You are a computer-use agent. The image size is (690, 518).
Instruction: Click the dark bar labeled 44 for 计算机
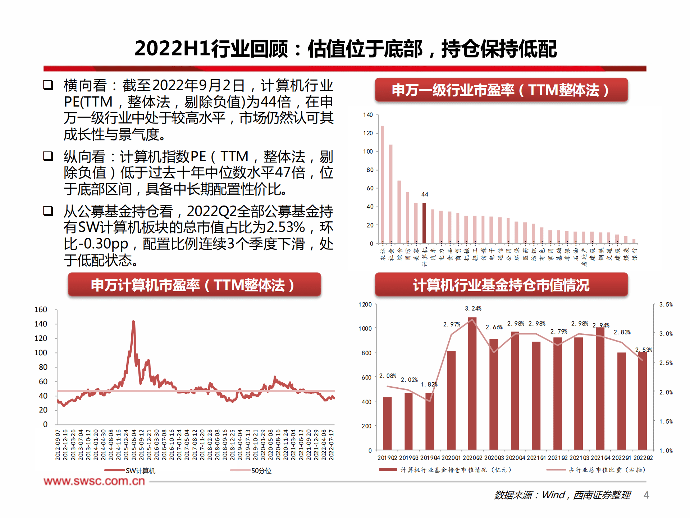click(x=424, y=223)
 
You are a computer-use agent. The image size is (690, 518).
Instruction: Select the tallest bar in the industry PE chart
click(x=382, y=184)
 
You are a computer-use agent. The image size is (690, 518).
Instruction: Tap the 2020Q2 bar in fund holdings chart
click(x=472, y=383)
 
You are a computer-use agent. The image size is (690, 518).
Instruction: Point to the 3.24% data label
click(x=473, y=308)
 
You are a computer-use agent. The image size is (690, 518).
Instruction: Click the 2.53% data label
click(x=643, y=350)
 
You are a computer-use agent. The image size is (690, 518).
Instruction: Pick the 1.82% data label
click(x=429, y=384)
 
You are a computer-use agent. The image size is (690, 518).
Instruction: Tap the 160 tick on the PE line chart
click(x=41, y=310)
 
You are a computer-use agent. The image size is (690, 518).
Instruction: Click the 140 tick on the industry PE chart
click(x=368, y=115)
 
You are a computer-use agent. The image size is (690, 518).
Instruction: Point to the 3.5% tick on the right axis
click(x=666, y=305)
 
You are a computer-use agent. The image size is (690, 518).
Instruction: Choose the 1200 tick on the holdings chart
click(x=365, y=305)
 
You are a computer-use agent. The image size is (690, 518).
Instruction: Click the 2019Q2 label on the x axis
click(x=387, y=458)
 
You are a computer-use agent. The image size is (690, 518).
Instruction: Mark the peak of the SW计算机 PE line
click(x=133, y=321)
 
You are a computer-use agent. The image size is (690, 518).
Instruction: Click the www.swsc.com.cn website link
click(x=94, y=481)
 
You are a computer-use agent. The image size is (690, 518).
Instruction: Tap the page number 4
click(x=646, y=495)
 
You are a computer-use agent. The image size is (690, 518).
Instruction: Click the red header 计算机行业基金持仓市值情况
click(x=501, y=285)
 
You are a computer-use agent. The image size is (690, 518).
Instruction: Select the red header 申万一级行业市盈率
click(x=501, y=90)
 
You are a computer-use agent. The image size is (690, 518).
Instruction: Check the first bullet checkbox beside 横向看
click(x=48, y=85)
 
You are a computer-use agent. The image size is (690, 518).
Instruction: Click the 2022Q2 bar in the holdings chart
click(x=643, y=401)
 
